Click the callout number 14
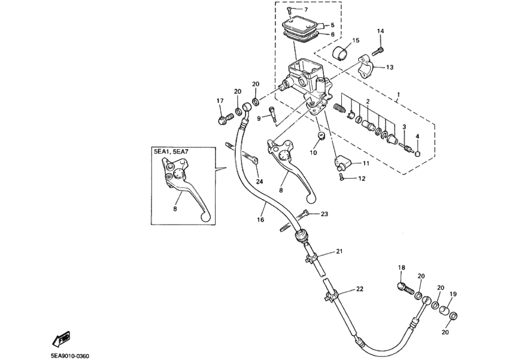click(381, 31)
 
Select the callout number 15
click(356, 41)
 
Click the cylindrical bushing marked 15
click(342, 53)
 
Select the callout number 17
click(220, 101)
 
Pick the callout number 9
click(259, 119)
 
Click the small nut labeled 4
click(417, 153)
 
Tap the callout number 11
click(365, 164)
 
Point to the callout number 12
click(362, 179)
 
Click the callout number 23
click(324, 214)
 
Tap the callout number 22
click(359, 289)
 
